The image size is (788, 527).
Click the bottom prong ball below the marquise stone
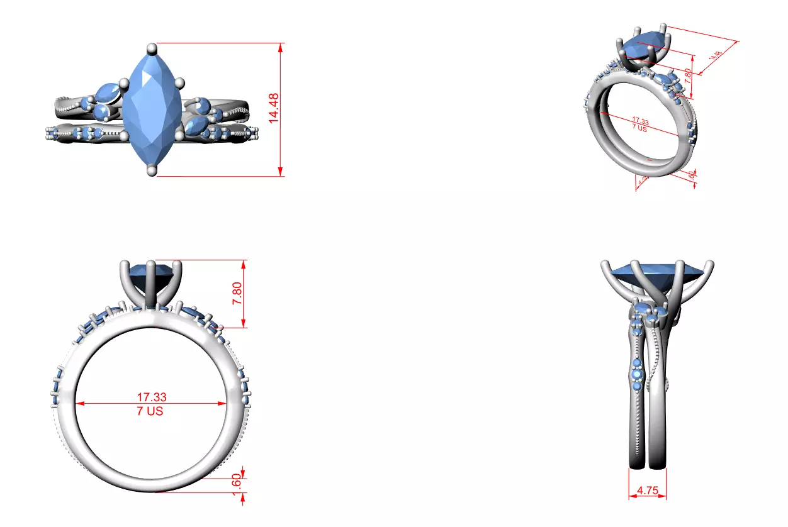point(151,170)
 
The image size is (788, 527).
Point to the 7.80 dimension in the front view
point(237,293)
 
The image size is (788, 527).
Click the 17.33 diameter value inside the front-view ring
point(152,397)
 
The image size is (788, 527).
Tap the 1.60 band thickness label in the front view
point(237,484)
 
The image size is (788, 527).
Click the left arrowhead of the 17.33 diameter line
point(79,404)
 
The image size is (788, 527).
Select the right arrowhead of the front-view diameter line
point(224,404)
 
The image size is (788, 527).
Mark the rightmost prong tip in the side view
point(711,263)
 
